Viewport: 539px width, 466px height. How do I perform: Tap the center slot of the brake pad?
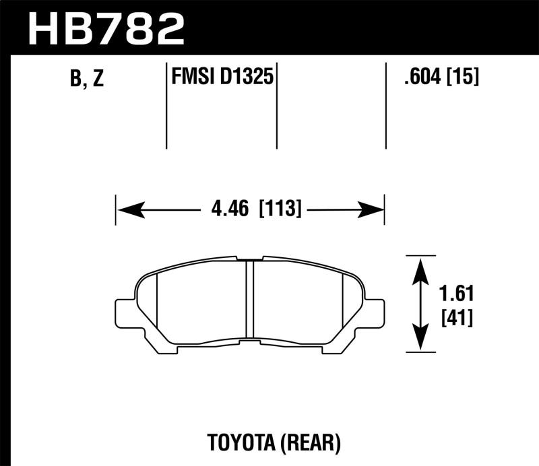249,300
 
